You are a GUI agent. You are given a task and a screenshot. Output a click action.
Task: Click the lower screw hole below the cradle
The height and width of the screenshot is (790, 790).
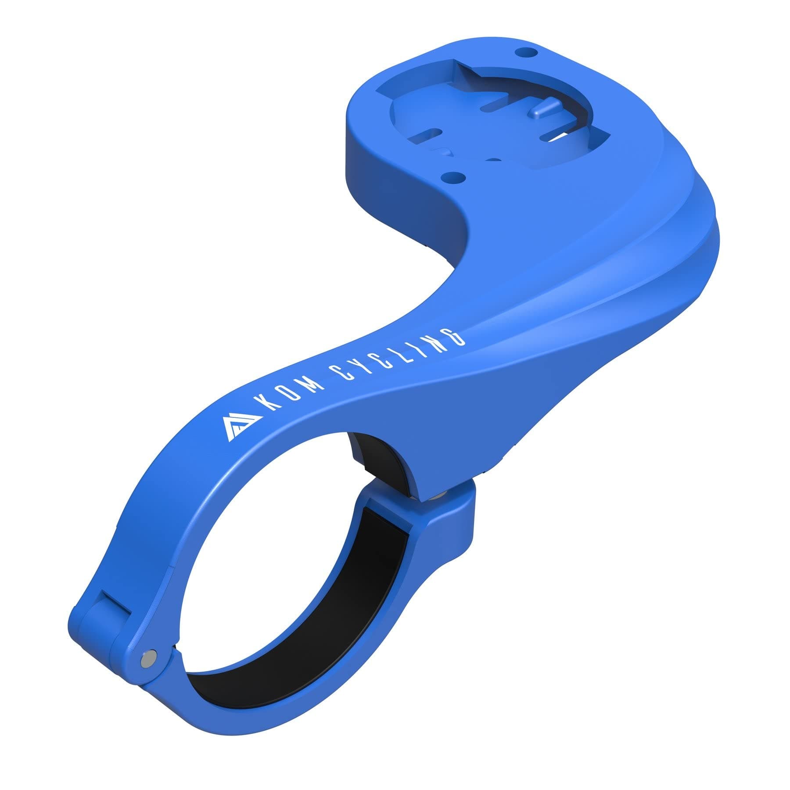453,177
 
